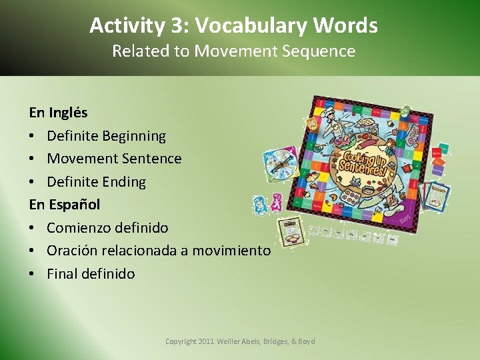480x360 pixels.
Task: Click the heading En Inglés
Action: [x=58, y=113]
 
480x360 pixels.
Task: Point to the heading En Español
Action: [x=64, y=204]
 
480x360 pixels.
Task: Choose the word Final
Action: [x=64, y=273]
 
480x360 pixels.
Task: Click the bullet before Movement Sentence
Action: [x=33, y=159]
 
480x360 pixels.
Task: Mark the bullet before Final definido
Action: [x=33, y=273]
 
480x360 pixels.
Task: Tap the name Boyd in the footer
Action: [x=306, y=341]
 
